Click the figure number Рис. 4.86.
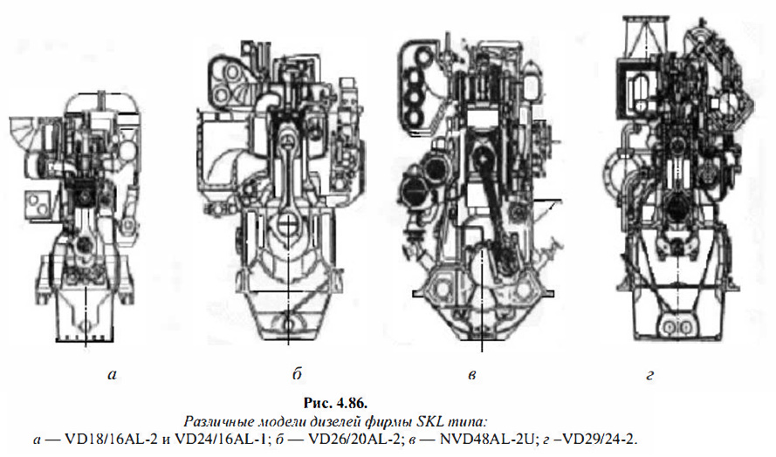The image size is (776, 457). click(335, 403)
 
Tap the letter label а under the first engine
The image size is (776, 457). click(113, 375)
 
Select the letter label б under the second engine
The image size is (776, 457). click(297, 374)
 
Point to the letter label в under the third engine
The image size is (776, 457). click(471, 375)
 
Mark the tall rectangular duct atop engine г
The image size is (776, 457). click(645, 35)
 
